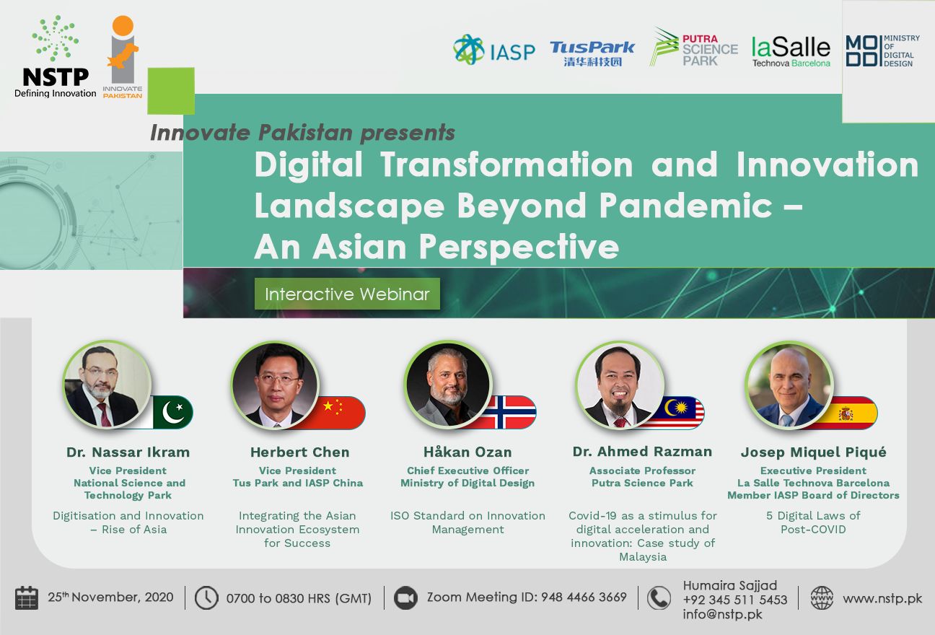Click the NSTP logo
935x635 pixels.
(x=55, y=57)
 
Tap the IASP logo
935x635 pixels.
(x=493, y=50)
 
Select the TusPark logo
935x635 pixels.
(x=592, y=53)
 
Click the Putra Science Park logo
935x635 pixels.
(x=693, y=47)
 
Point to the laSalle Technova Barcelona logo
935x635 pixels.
(x=791, y=52)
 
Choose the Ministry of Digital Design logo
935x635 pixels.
(x=883, y=51)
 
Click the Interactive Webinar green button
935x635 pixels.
(x=347, y=294)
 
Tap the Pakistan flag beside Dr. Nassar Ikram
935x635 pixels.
(x=172, y=413)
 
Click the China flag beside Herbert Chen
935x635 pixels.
(x=341, y=413)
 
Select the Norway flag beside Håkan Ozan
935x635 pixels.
(x=512, y=413)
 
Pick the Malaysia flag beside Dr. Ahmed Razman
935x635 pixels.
(x=683, y=413)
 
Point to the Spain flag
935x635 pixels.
(x=853, y=413)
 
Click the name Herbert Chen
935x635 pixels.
(x=299, y=452)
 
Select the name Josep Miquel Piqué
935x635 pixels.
(x=814, y=452)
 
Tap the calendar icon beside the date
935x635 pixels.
(x=27, y=598)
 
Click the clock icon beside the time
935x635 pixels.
(x=206, y=598)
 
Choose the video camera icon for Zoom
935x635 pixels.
(x=405, y=598)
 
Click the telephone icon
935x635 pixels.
(x=659, y=598)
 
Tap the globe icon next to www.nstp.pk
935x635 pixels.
(x=822, y=598)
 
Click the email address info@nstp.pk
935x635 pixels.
(x=723, y=615)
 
